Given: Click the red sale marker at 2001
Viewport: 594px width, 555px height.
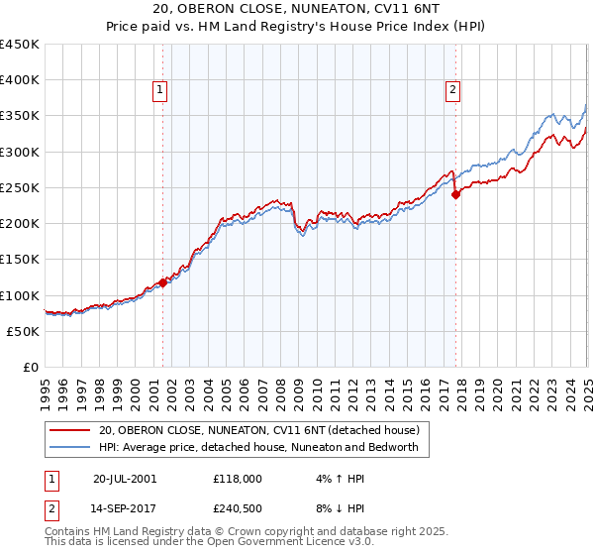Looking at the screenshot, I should [x=162, y=282].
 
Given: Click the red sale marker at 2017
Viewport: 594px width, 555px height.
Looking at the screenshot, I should [x=456, y=195].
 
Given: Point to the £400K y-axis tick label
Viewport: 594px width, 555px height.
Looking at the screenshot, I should [x=20, y=80].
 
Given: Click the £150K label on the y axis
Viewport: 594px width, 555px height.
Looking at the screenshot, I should [x=20, y=260].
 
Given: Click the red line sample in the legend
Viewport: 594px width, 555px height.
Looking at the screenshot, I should [x=70, y=430].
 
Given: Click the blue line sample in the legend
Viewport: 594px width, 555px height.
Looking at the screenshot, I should [x=70, y=447].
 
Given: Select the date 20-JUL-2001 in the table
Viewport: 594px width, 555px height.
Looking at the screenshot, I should [x=124, y=478].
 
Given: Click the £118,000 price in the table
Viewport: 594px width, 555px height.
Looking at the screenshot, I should [x=238, y=478].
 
